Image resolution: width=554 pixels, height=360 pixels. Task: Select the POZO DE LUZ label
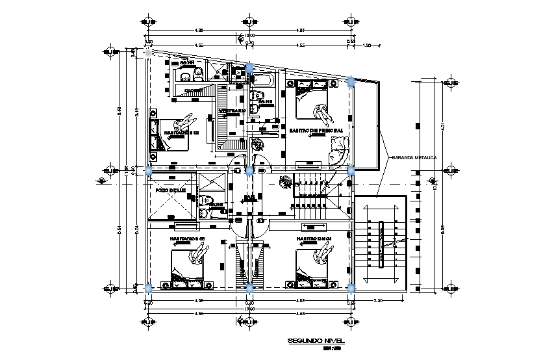(171, 190)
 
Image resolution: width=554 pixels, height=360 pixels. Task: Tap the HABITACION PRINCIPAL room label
(316, 131)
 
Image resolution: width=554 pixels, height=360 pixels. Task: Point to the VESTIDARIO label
(232, 111)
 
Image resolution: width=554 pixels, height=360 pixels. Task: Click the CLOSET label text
(193, 90)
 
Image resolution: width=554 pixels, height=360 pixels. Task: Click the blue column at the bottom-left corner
(148, 287)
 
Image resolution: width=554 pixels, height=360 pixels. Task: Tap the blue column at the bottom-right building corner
(351, 287)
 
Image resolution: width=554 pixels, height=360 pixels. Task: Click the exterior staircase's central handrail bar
(381, 244)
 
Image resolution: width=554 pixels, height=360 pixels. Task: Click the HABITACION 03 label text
(188, 239)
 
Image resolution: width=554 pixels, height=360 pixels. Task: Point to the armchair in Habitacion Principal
(338, 157)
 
